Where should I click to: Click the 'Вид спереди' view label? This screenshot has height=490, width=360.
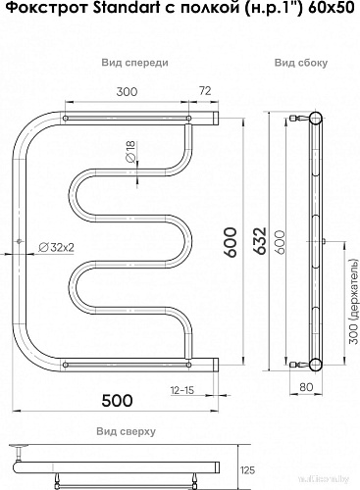[133, 62]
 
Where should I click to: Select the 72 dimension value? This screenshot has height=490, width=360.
[205, 90]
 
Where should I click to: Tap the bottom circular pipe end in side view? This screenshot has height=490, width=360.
[316, 366]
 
